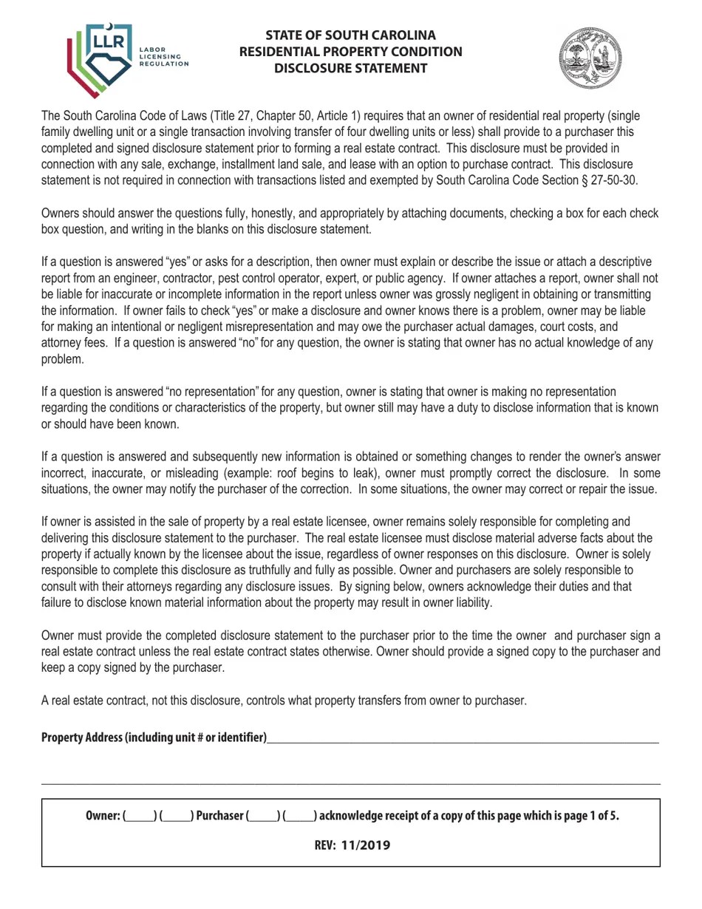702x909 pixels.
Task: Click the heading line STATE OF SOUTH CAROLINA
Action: [350, 35]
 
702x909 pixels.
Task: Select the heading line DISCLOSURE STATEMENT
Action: [350, 69]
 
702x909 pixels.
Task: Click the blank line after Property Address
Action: [463, 738]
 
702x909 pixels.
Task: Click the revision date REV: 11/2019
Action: [352, 845]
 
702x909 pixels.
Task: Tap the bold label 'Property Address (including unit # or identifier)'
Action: [154, 738]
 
